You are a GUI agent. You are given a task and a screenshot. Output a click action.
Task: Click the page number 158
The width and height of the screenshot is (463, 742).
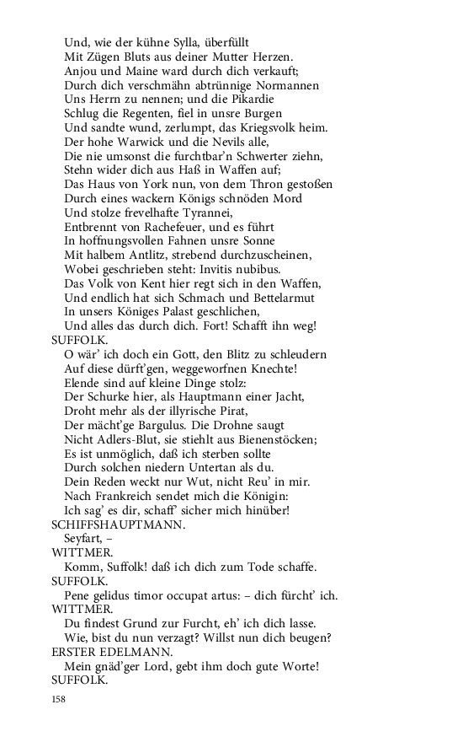(58, 699)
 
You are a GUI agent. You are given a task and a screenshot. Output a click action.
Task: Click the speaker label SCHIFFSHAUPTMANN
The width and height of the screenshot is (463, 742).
(118, 524)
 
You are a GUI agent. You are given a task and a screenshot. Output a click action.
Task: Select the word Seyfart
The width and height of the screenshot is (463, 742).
(86, 539)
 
